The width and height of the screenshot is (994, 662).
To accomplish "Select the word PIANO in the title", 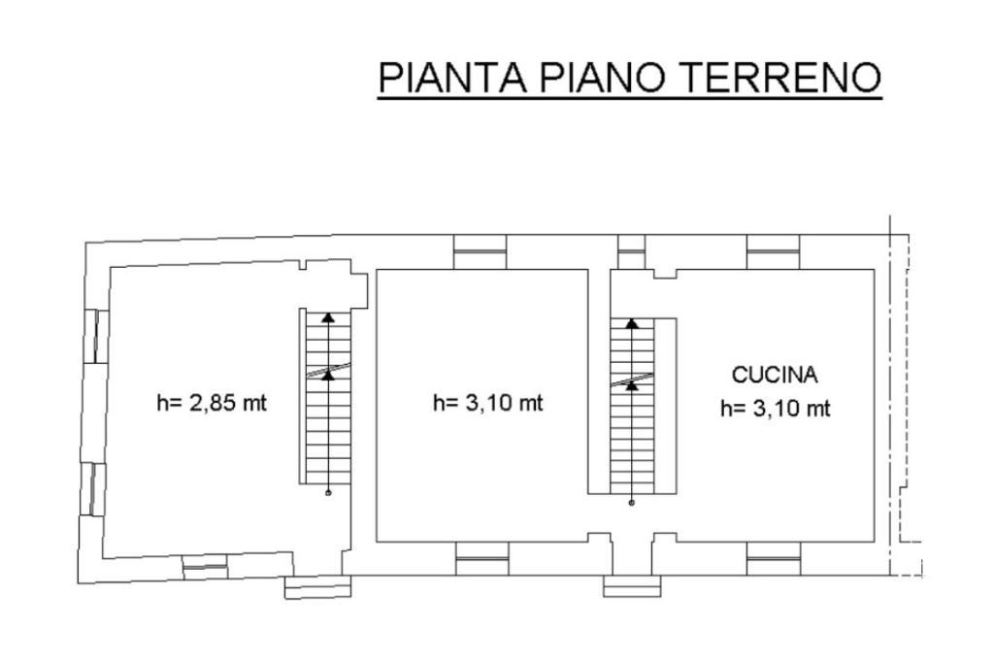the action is (x=602, y=78).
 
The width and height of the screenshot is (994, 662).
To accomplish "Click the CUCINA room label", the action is (x=775, y=374).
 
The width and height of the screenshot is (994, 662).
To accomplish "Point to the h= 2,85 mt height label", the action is (x=212, y=403).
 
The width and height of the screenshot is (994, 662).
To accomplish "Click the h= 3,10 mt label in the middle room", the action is (x=488, y=403).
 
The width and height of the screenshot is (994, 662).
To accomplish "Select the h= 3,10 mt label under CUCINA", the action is (x=775, y=409).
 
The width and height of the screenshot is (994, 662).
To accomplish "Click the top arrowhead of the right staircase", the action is (x=633, y=324).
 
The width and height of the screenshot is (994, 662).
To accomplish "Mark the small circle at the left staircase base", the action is (x=328, y=493).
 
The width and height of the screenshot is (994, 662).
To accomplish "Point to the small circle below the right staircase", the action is (x=633, y=503).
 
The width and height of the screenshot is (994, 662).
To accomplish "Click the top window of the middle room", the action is (x=481, y=252).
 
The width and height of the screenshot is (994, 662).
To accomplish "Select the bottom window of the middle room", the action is (x=482, y=558).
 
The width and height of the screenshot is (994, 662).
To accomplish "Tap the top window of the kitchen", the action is (x=774, y=252).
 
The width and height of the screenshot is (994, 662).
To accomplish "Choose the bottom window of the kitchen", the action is (x=774, y=558).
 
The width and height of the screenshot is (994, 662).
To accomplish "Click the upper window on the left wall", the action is (x=95, y=336).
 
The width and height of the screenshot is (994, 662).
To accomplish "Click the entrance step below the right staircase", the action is (x=632, y=586).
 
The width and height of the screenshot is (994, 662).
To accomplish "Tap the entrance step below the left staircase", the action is (x=317, y=587).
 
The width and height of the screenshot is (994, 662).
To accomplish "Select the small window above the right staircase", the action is (x=632, y=252).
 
